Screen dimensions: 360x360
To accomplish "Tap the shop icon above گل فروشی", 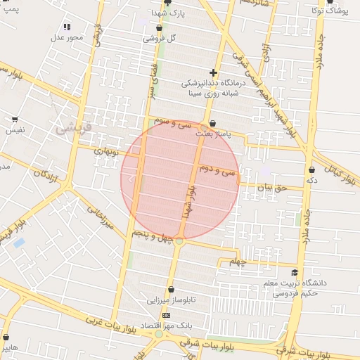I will coord(159,28).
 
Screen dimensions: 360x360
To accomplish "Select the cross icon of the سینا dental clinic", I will coord(213,72).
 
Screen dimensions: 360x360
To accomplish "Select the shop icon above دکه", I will coord(311,169).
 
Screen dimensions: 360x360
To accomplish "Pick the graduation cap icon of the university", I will coord(294,273).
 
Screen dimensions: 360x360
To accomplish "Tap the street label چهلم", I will coord(239,262).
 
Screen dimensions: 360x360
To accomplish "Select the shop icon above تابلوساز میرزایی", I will coord(170,288).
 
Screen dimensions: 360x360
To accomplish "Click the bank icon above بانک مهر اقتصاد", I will coord(166,315).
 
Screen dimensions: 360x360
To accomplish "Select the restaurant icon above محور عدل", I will coord(67,26).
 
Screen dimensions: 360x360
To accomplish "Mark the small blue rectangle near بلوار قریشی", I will coord(19,243).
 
